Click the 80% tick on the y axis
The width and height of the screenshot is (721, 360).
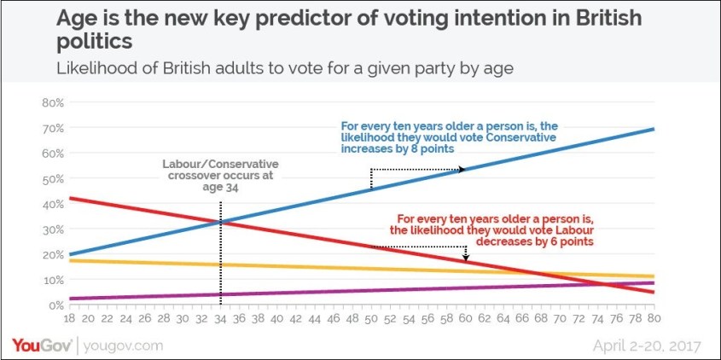coord(53,102)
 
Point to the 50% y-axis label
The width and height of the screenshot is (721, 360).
coord(53,178)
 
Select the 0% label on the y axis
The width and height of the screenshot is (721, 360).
coord(56,305)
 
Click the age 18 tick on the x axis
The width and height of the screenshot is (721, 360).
coord(70,318)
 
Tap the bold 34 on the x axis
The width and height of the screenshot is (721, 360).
coord(221,318)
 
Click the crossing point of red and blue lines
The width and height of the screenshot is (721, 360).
coord(221,224)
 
